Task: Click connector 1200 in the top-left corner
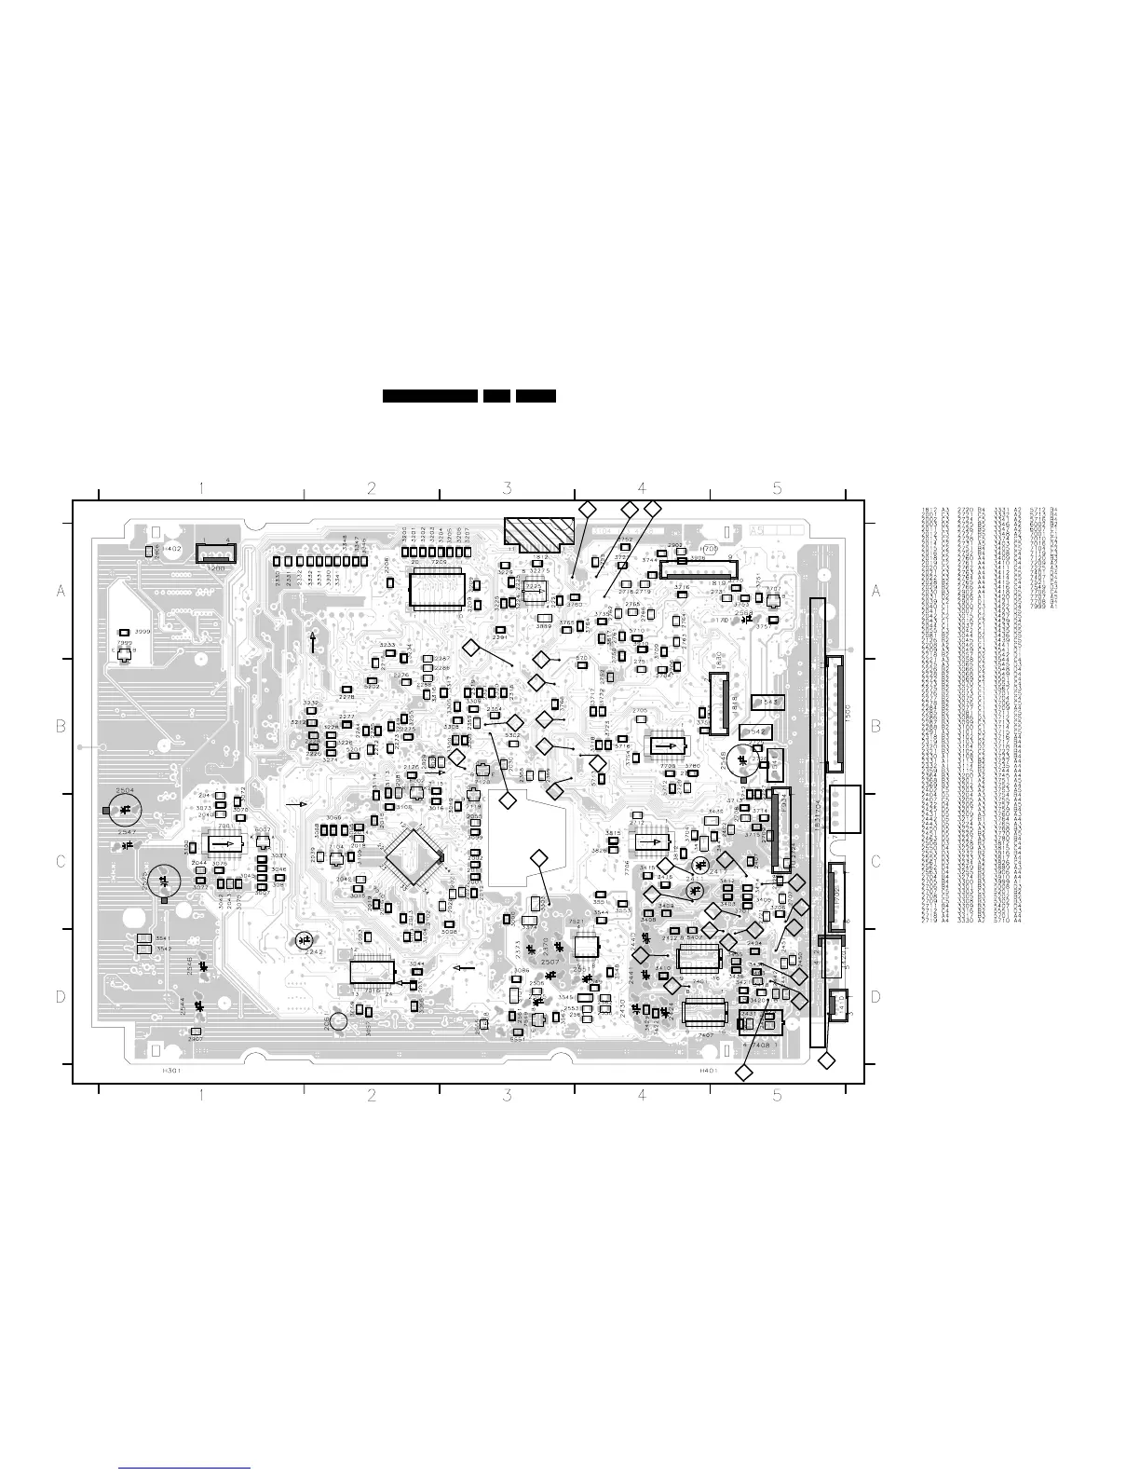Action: [x=216, y=553]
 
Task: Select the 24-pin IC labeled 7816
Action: [x=378, y=972]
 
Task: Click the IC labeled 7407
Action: [x=705, y=1011]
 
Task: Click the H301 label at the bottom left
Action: [x=171, y=1072]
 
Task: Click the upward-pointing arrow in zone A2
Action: [x=312, y=641]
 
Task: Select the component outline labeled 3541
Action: [x=144, y=937]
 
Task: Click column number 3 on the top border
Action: [x=507, y=487]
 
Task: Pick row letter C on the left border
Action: [x=61, y=862]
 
